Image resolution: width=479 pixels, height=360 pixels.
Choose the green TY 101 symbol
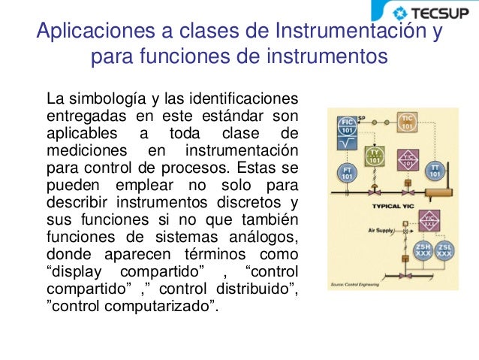(375, 156)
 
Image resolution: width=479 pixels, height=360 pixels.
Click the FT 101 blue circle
(348, 174)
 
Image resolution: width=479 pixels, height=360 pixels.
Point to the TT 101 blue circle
(435, 171)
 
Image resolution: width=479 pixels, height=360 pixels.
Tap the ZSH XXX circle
(422, 250)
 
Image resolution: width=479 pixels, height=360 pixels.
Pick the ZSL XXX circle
(445, 250)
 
